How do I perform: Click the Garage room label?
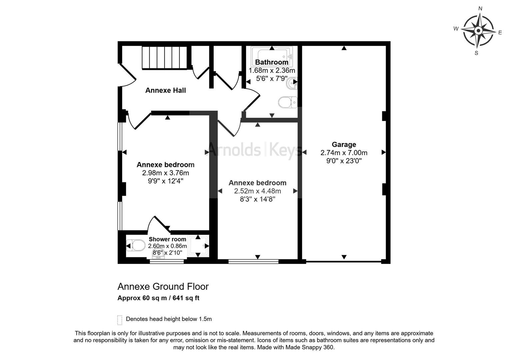344,144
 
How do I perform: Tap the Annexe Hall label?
166,90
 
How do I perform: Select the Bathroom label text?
272,62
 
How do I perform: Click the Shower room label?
167,239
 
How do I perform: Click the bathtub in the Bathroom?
272,56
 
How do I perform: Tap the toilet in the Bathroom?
288,102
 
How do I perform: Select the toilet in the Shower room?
136,245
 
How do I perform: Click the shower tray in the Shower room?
198,246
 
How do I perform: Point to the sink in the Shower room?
159,255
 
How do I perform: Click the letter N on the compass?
480,9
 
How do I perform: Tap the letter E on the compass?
500,33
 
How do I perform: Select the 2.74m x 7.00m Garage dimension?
344,153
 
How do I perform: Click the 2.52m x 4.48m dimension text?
257,191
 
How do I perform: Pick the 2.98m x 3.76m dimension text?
166,173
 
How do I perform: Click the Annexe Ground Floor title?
163,287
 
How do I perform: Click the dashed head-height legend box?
120,320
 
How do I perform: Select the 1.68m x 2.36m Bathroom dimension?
272,71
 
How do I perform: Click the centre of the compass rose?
479,30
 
